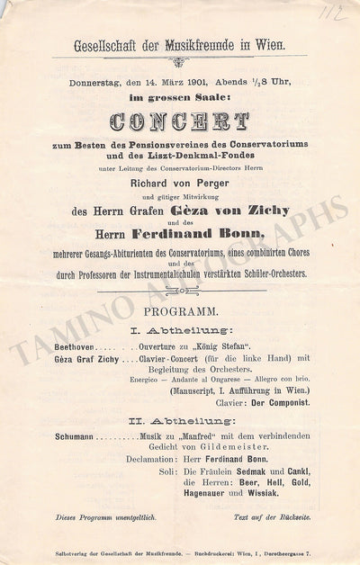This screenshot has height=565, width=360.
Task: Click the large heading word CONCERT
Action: pyautogui.click(x=180, y=121)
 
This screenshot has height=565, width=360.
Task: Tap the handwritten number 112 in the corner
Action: pyautogui.click(x=337, y=12)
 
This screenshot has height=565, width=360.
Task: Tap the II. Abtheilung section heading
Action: pyautogui.click(x=180, y=419)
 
